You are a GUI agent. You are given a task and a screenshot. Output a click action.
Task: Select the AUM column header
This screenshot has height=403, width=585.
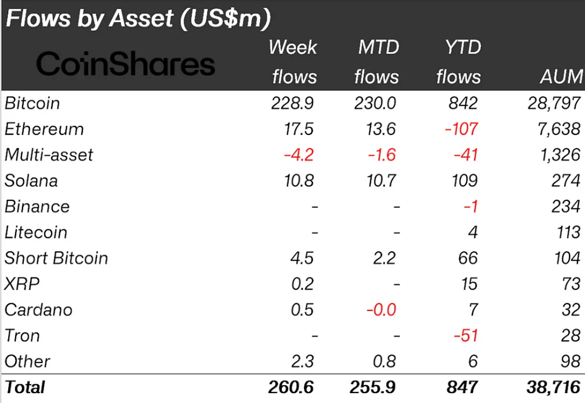coord(559,76)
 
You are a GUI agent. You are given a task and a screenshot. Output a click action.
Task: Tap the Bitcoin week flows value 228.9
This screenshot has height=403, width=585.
coord(293,103)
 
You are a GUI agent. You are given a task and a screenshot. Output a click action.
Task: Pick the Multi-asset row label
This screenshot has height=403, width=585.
coord(49,155)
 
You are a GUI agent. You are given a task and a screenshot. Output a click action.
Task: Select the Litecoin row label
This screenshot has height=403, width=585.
coord(36,232)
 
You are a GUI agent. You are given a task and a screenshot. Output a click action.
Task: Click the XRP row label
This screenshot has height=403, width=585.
coord(23,284)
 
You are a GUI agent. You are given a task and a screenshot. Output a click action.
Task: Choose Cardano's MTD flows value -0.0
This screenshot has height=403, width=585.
coord(381,310)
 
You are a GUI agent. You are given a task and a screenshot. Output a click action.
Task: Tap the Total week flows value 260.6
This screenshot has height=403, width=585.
coord(291,387)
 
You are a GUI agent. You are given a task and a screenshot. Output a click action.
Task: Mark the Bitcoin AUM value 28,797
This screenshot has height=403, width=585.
coord(553,103)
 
